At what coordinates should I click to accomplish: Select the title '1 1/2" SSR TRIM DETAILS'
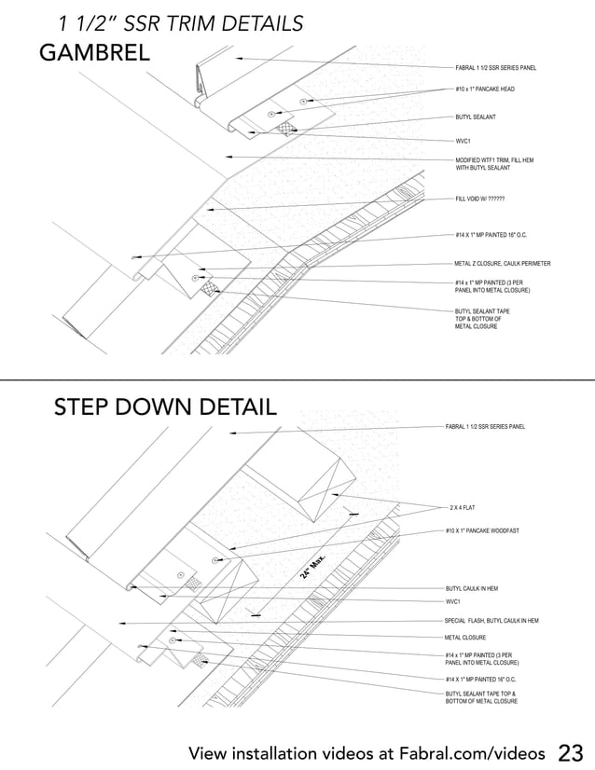[x=180, y=23]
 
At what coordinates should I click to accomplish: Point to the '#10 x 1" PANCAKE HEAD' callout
[x=484, y=89]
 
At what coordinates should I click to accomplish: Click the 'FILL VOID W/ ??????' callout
[x=480, y=199]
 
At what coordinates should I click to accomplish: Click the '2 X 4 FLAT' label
[x=464, y=507]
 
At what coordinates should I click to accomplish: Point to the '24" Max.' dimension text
[x=316, y=567]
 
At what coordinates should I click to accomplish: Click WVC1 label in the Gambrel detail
[x=464, y=140]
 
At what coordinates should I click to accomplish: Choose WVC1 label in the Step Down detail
[x=455, y=602]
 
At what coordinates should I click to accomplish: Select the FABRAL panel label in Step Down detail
[x=485, y=427]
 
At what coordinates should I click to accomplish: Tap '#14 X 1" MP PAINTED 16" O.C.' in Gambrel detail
[x=491, y=235]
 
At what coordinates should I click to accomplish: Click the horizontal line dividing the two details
[x=297, y=379]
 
